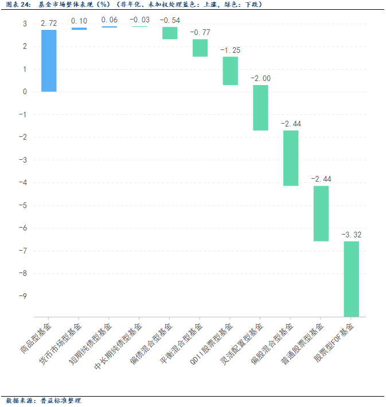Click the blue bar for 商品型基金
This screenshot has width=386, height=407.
tap(49, 60)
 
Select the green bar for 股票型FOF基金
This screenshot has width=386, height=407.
tap(351, 279)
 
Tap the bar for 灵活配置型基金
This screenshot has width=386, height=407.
tap(260, 107)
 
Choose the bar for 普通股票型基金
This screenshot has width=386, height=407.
tap(321, 213)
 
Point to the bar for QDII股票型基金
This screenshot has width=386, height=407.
tap(230, 71)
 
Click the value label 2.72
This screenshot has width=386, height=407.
tap(49, 23)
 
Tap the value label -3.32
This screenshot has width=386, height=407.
tap(351, 235)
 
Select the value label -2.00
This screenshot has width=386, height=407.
tap(260, 78)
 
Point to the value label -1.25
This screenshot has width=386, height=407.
tap(230, 50)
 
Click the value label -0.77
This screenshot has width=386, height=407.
tap(200, 32)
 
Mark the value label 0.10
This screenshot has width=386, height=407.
tap(79, 21)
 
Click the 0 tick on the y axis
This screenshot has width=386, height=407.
tap(25, 91)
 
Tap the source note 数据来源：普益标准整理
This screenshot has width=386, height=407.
tap(44, 401)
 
